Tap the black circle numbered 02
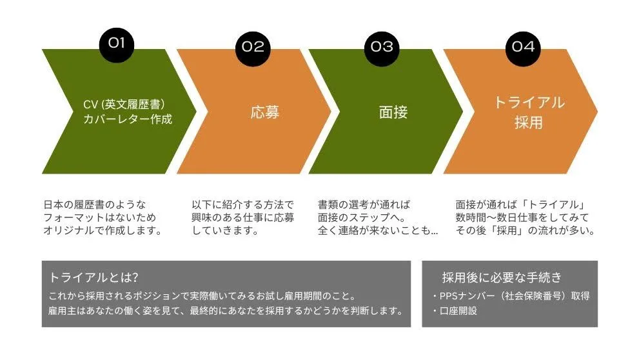click(x=253, y=48)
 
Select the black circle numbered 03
click(x=382, y=48)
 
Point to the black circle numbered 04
click(x=523, y=48)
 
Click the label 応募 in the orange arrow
click(x=265, y=112)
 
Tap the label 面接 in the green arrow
click(x=393, y=112)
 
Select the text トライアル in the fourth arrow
click(x=529, y=103)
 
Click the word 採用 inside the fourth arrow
click(x=529, y=123)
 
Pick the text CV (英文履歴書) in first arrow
click(x=124, y=105)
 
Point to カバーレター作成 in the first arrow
click(x=128, y=119)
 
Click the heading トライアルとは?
click(x=93, y=277)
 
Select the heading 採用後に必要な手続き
click(x=502, y=277)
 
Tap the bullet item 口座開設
click(x=455, y=311)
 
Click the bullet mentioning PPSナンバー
click(x=511, y=295)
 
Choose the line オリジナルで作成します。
click(x=103, y=230)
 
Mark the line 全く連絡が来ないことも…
click(x=378, y=230)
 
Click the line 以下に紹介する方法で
click(x=243, y=205)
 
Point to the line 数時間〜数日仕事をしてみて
click(x=522, y=217)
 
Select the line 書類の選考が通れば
click(x=364, y=205)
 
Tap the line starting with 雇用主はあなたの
click(x=226, y=311)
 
